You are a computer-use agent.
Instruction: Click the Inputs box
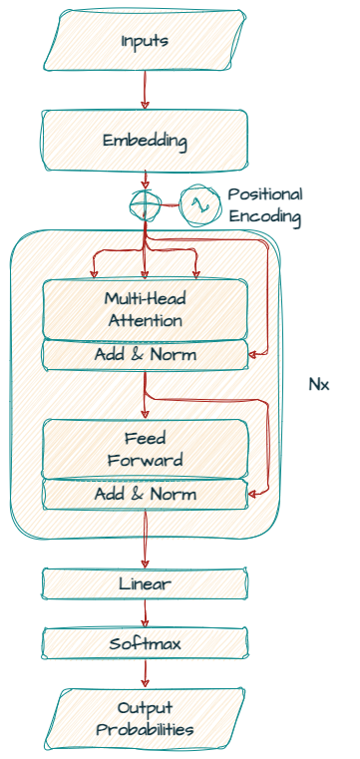[x=145, y=41]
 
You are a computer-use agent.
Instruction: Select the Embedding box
[x=145, y=141]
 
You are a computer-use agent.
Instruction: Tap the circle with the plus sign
[x=145, y=204]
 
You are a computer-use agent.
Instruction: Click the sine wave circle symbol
[x=196, y=205]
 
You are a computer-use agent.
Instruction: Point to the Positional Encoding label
[x=265, y=205]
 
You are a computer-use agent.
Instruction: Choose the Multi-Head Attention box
[x=145, y=309]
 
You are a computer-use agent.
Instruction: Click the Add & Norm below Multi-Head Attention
[x=145, y=355]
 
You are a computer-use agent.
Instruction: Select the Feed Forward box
[x=145, y=449]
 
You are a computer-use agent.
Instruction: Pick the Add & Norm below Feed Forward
[x=145, y=495]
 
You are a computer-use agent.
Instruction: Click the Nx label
[x=319, y=385]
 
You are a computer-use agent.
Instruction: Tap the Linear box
[x=145, y=583]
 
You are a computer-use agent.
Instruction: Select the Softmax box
[x=145, y=643]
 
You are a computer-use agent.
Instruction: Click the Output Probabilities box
[x=145, y=718]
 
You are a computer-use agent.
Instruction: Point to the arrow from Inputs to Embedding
[x=145, y=90]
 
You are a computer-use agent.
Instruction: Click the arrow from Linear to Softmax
[x=145, y=613]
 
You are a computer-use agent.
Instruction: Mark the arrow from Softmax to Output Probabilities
[x=145, y=673]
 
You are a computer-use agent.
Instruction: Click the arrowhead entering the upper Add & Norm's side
[x=252, y=355]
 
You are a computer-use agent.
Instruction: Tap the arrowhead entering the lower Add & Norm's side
[x=252, y=494]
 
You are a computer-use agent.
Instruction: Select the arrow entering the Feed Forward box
[x=145, y=395]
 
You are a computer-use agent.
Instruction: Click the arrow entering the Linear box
[x=145, y=539]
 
